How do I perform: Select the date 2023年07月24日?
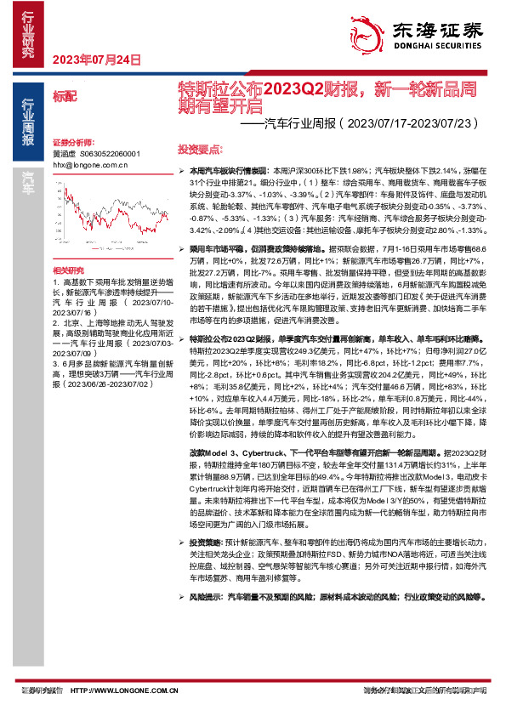point(95,59)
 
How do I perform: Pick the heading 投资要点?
point(197,146)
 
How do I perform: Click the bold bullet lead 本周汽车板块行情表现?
point(229,171)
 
